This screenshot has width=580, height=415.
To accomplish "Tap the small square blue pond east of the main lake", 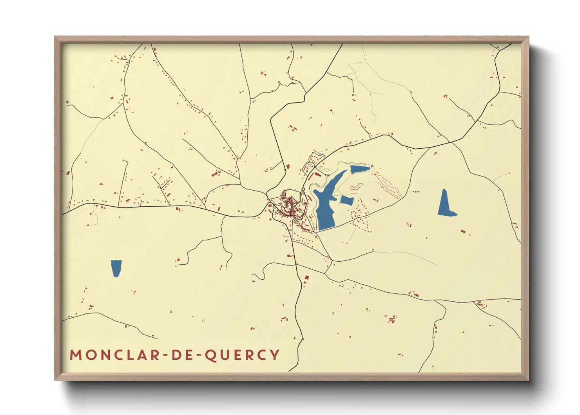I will [x=347, y=200].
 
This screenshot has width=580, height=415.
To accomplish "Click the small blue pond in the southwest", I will [x=116, y=268].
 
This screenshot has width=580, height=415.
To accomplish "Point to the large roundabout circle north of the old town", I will [x=303, y=189].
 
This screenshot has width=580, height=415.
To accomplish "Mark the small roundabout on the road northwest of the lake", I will [x=315, y=167].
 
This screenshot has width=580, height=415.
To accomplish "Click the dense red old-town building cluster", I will [x=289, y=206].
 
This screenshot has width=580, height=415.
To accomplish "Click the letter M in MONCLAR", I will [x=76, y=355].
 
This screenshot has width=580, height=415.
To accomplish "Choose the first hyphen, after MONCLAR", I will [x=165, y=355].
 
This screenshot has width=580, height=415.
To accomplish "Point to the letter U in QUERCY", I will [x=227, y=355].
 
